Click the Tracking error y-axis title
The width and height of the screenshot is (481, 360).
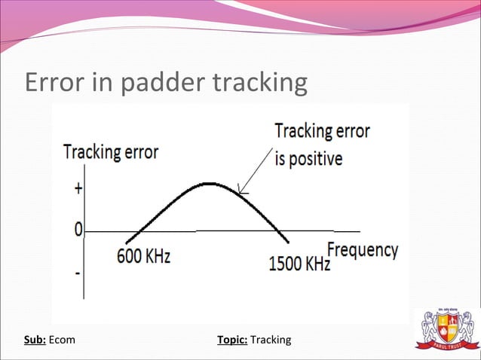tap(111, 152)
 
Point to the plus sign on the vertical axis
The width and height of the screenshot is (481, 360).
tap(78, 189)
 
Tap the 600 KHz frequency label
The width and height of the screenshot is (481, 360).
tap(143, 256)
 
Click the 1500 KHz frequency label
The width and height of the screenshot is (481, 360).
tap(299, 264)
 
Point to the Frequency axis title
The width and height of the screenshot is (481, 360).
tap(362, 249)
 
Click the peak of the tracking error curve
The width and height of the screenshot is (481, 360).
tap(209, 184)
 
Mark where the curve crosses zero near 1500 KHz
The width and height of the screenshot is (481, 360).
tap(278, 230)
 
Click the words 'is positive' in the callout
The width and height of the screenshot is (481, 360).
tap(308, 159)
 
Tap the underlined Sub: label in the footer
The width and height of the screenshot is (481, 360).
tap(35, 340)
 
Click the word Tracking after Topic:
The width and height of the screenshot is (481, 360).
tap(271, 340)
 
